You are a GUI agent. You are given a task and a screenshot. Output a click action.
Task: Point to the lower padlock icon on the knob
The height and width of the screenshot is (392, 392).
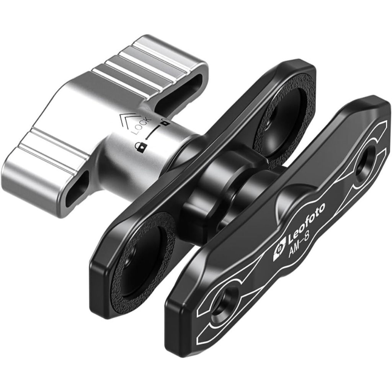tap(140, 147)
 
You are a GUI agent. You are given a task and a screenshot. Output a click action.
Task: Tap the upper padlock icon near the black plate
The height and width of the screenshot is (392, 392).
tap(165, 122)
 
